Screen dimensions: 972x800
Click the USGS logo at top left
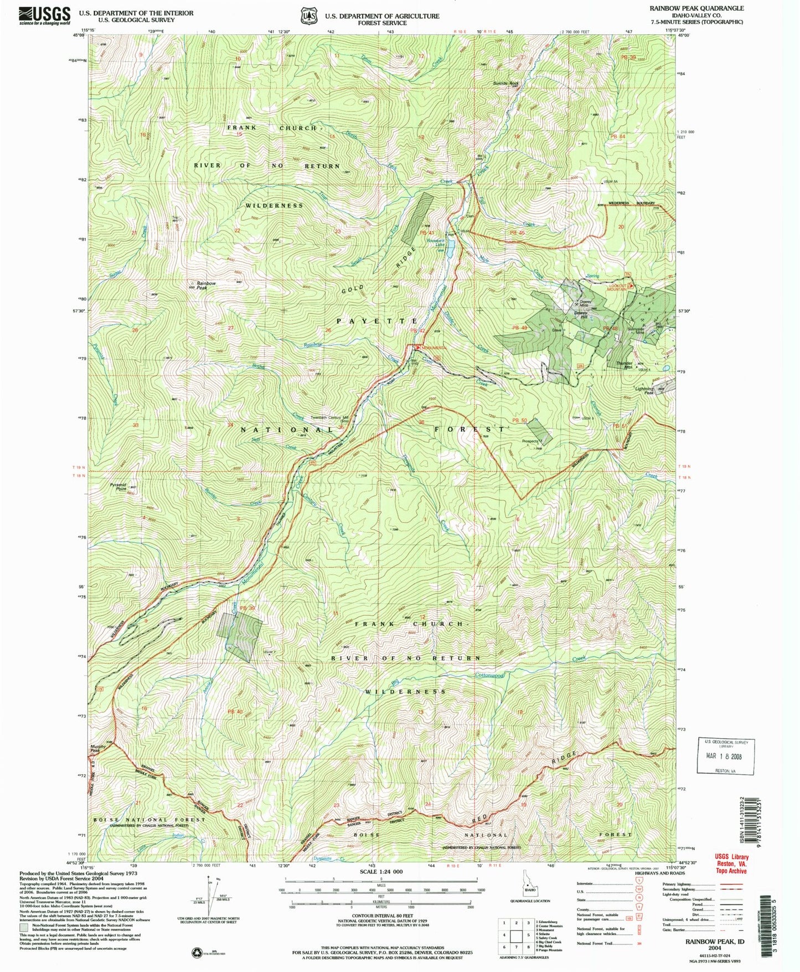tap(45, 15)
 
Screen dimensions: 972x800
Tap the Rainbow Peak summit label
tap(205, 286)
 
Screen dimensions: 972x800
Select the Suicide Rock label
tap(505, 84)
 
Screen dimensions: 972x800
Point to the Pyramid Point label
tap(117, 487)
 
